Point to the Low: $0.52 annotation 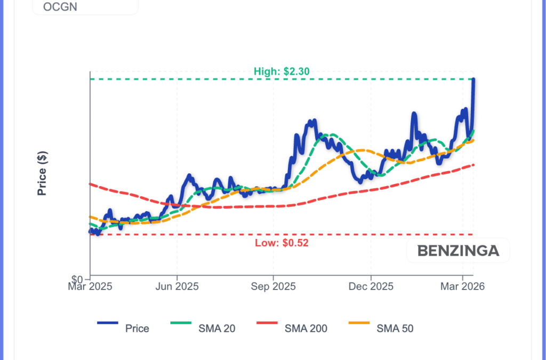pos(282,243)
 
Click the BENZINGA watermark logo pos(458,251)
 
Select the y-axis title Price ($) pos(43,173)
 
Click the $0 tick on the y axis pos(78,279)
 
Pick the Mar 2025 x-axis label pos(90,286)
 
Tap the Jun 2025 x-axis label pos(176,286)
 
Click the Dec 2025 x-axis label pos(371,286)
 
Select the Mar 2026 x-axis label pos(462,286)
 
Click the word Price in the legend pos(137,329)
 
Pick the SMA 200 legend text pos(306,329)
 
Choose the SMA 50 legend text pos(395,329)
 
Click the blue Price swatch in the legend pos(107,323)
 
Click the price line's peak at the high pos(473,79)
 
